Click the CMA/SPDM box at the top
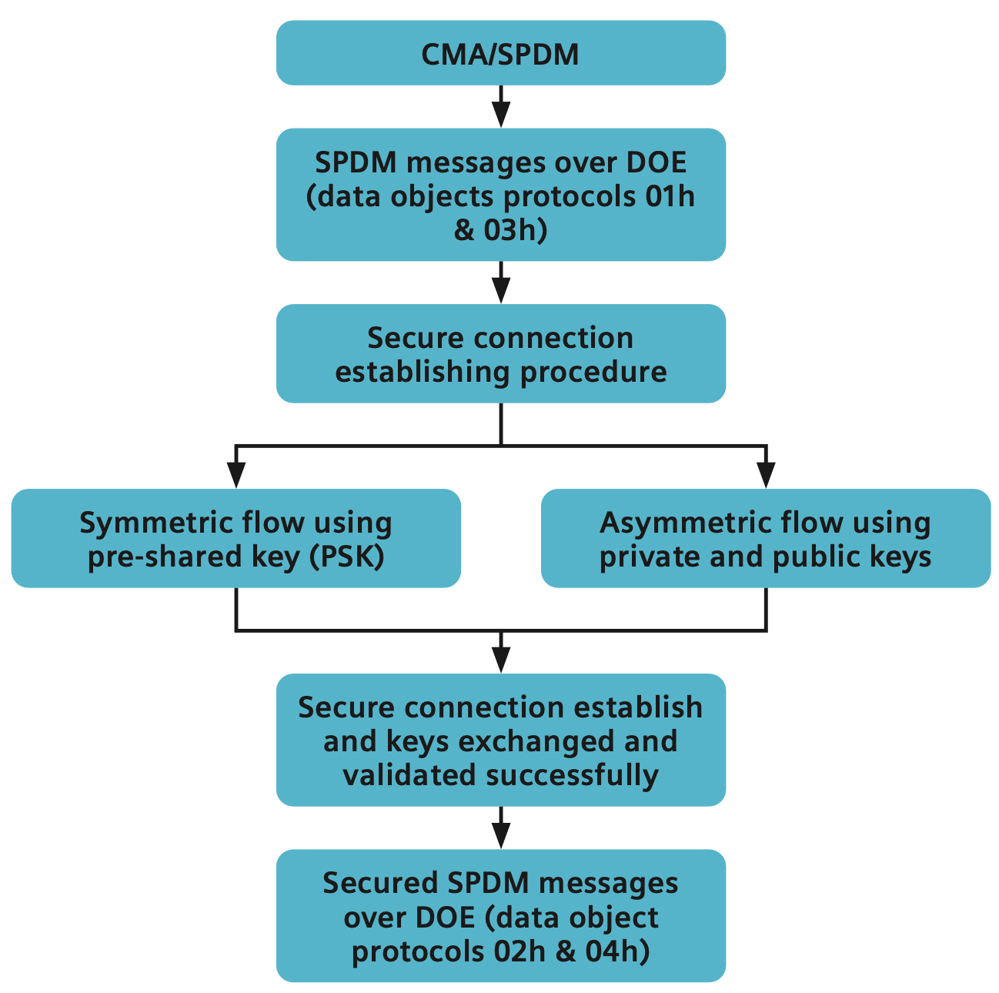click(500, 54)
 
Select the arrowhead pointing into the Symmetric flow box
click(236, 473)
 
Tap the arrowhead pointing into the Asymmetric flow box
click(766, 473)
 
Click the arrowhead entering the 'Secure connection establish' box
click(501, 659)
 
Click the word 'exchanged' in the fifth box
click(531, 741)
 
